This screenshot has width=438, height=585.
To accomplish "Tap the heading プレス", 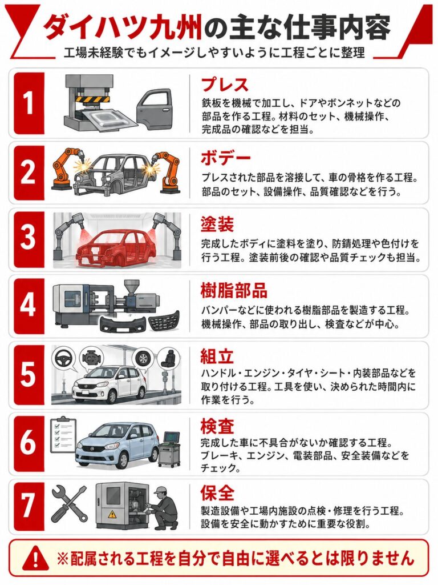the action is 225,85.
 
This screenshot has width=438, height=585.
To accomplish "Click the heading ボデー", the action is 225,158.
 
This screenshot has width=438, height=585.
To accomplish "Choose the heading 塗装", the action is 217,224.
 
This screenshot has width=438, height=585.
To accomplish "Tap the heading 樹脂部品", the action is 234,290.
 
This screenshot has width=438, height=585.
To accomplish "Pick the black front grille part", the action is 164,322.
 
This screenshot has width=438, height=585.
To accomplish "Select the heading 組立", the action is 217,356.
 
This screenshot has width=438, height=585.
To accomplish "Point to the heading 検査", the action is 217,426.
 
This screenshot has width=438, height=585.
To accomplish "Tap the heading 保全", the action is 217,492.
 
